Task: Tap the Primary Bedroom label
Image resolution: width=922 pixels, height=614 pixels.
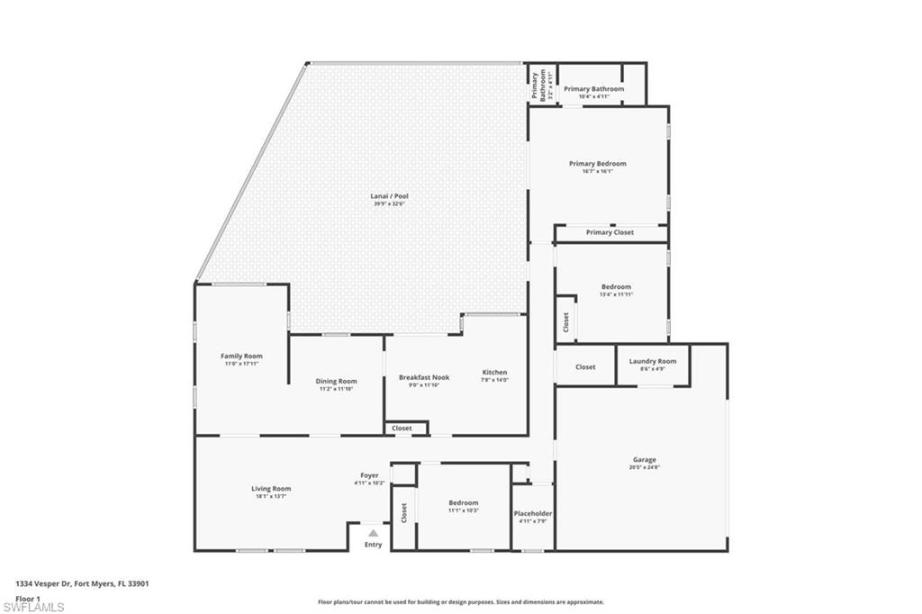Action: (x=597, y=164)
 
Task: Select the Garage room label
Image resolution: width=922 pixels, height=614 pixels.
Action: (x=643, y=460)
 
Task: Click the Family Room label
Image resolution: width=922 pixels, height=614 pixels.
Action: (x=241, y=357)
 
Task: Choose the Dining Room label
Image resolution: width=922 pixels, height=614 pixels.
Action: (x=336, y=382)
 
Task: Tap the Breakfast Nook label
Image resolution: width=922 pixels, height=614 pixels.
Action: (x=424, y=378)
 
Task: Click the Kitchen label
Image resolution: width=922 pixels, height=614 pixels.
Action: (x=494, y=373)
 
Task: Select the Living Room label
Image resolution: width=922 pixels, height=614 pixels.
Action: (x=271, y=489)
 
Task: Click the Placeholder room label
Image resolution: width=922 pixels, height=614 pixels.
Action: (x=533, y=514)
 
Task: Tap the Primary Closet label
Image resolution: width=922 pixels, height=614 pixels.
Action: (x=610, y=232)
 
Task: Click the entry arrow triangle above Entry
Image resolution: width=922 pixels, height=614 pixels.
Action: (x=373, y=533)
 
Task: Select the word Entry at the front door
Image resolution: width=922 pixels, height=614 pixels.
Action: (x=373, y=545)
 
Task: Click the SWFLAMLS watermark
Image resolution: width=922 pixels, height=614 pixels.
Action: (x=33, y=607)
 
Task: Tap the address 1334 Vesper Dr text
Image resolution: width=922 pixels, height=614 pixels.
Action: (x=82, y=583)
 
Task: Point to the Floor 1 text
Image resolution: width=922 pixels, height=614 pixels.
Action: (x=28, y=598)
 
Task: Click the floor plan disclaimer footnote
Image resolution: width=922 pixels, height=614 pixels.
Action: (x=460, y=602)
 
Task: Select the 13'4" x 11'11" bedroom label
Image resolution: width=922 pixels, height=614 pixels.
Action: (x=616, y=287)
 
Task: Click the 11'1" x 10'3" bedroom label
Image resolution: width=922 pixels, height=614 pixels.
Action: (x=464, y=503)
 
